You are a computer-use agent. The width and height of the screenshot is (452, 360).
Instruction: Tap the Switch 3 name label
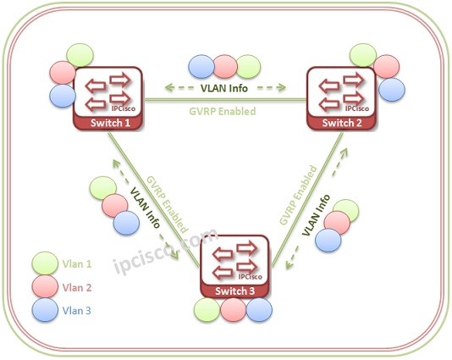point(234,292)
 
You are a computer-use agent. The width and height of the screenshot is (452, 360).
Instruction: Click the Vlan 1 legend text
point(77,265)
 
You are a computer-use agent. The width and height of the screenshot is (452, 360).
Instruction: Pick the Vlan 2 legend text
point(77,288)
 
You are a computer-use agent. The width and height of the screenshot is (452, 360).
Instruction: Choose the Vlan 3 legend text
point(77,311)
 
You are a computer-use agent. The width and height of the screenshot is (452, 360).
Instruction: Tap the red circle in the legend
point(45,287)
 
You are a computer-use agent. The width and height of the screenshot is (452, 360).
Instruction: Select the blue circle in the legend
point(45,310)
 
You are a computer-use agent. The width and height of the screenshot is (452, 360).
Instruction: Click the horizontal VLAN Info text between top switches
point(224,88)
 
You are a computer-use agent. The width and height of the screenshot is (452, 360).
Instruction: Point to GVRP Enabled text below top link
point(224,109)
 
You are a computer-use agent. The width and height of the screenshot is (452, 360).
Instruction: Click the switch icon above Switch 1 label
point(108,92)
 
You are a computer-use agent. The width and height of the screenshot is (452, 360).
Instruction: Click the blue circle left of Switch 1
point(63,94)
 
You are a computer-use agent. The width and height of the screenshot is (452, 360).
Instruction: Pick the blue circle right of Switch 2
point(390,88)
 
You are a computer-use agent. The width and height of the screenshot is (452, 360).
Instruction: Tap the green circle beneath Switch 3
point(206,310)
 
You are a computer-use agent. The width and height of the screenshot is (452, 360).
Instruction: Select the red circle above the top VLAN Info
point(224,66)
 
